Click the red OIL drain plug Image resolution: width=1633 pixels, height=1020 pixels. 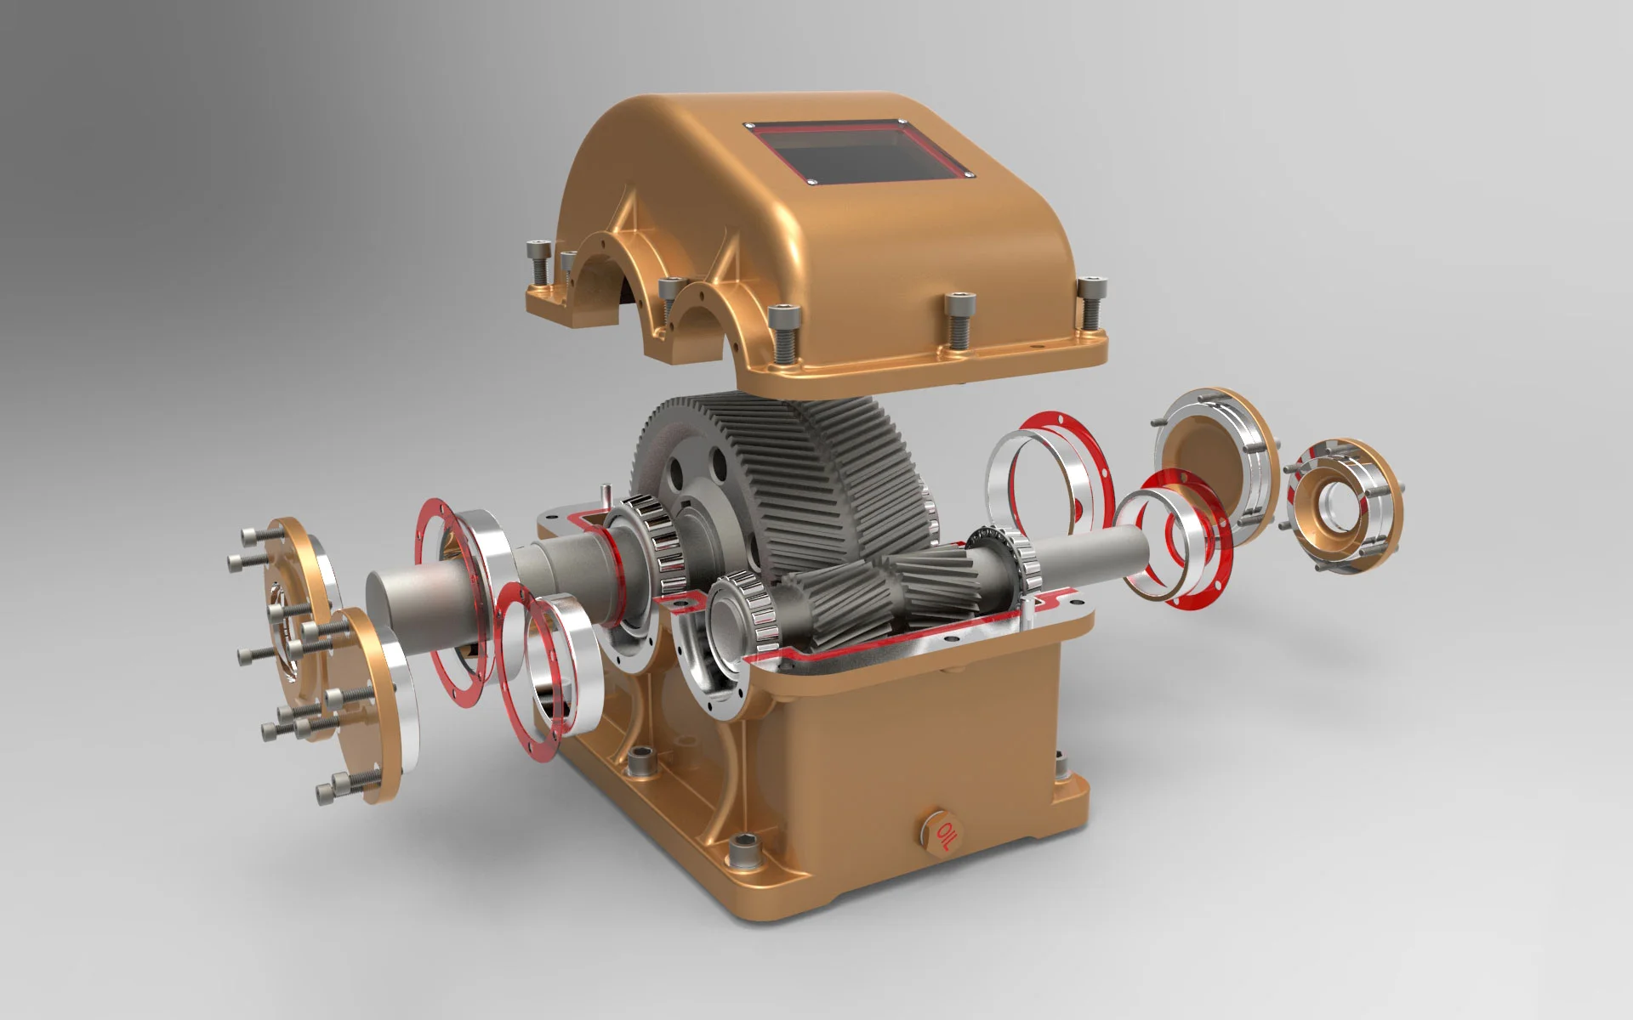tap(942, 830)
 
